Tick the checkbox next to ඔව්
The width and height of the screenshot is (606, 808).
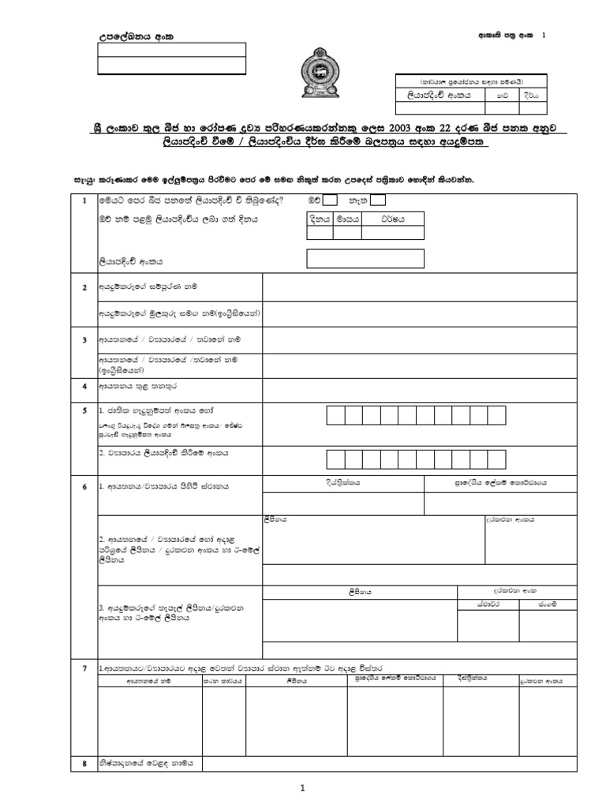click(x=331, y=200)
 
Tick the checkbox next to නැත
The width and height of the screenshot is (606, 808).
click(x=378, y=200)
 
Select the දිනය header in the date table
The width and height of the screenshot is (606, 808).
click(x=319, y=219)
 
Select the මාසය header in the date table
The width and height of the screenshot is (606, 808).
click(x=346, y=219)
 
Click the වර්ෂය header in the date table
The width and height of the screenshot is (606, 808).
click(x=392, y=219)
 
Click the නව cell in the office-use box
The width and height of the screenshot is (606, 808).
click(x=502, y=94)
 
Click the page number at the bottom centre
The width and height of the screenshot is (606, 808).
click(x=302, y=787)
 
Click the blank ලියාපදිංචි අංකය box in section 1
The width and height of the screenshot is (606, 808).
click(x=365, y=258)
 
